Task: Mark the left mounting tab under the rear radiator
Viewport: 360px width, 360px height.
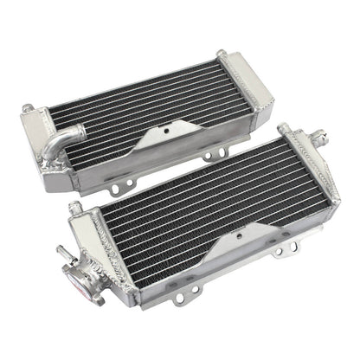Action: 112,187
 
